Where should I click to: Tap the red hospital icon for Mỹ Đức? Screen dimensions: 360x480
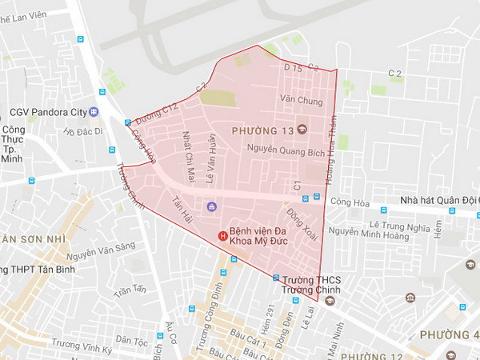tap(224, 234)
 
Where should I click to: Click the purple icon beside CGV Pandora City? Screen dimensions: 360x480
tap(94, 111)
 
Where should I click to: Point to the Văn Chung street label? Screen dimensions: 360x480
tap(302, 102)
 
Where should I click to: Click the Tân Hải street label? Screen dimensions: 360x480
tap(183, 212)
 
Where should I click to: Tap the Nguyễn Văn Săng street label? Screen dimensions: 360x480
tap(102, 253)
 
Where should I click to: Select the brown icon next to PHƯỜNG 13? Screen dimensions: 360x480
tap(302, 130)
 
